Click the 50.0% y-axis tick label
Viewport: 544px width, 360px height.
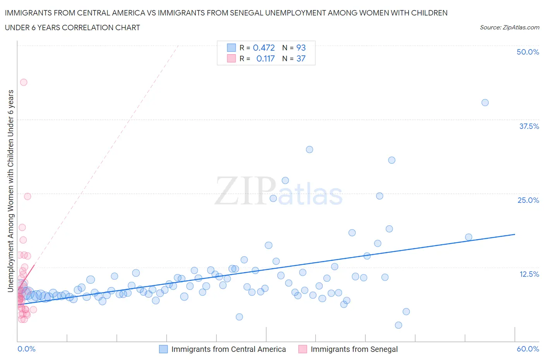[x=527, y=52]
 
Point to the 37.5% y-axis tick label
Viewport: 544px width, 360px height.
[x=529, y=126]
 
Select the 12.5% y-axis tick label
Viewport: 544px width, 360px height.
[x=529, y=274]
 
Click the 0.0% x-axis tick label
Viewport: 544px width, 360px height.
[x=26, y=349]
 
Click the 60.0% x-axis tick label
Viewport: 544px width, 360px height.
[x=527, y=349]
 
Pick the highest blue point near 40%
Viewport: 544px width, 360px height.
[x=485, y=103]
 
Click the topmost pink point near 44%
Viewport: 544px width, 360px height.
[x=24, y=82]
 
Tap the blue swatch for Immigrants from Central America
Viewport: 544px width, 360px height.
[x=164, y=349]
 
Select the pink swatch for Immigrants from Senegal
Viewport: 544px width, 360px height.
[x=303, y=349]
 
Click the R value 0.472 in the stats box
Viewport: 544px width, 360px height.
[x=263, y=48]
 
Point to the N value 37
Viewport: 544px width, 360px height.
[x=301, y=58]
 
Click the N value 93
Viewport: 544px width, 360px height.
[x=301, y=48]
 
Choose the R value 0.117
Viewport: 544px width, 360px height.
[x=265, y=58]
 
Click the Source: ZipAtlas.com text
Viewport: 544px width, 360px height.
[x=509, y=27]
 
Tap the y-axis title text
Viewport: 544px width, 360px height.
[x=10, y=191]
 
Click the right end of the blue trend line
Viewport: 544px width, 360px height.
[x=515, y=234]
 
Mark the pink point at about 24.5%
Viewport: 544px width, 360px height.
[x=27, y=196]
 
